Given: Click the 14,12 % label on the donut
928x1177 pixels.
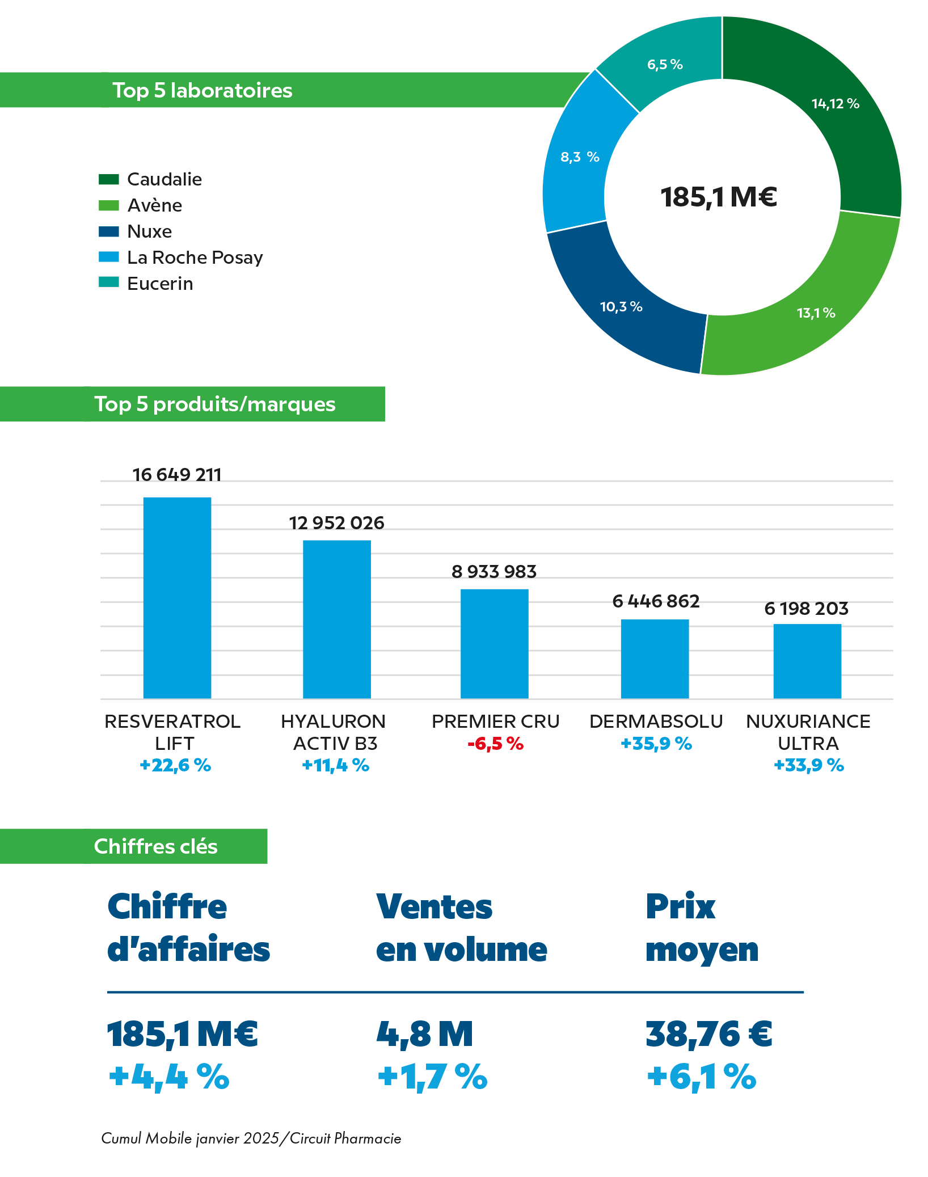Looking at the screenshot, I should point(835,104).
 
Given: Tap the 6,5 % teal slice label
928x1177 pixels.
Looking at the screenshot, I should point(665,65).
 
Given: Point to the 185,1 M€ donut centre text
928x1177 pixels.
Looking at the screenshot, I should point(719,197).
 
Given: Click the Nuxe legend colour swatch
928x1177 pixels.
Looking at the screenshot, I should point(108,231).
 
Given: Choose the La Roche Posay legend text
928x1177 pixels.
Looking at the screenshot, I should point(195,258).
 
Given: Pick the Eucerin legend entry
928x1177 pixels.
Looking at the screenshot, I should point(160,284).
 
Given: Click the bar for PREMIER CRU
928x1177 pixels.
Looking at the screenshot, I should point(494,643).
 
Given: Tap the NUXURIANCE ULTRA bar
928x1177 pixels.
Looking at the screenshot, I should point(807,661).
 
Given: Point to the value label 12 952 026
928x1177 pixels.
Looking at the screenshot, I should point(336,523).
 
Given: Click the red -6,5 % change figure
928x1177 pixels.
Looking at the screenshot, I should point(495,744).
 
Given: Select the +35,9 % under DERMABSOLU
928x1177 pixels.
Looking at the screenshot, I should point(656,744).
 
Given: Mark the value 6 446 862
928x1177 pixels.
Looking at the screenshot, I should point(656,601).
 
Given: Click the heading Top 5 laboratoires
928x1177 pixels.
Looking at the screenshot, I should point(202,90).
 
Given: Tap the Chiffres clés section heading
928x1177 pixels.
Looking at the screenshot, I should point(155,846).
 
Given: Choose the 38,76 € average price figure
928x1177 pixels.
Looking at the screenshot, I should point(709,1033).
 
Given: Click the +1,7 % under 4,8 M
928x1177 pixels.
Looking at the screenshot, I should point(432,1077).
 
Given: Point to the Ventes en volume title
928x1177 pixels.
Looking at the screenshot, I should point(461,928).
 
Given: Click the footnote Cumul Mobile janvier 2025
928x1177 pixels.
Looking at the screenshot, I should point(251,1138).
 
